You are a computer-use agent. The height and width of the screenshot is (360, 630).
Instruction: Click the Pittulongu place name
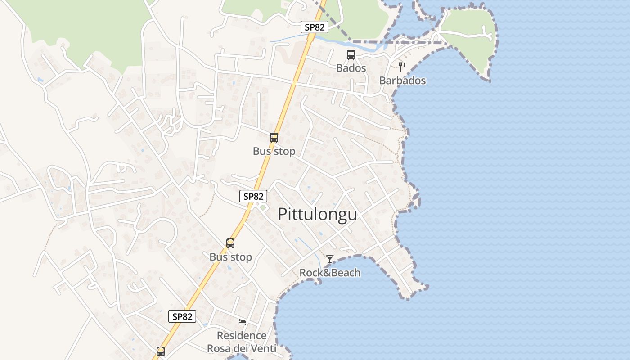[x=317, y=214]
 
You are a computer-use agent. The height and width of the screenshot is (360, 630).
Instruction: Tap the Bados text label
[x=351, y=68]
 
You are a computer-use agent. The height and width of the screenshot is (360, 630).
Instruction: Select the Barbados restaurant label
[x=402, y=81]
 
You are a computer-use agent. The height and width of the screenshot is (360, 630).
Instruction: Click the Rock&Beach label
[x=330, y=273]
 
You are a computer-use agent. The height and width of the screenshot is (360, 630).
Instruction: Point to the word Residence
[x=242, y=336]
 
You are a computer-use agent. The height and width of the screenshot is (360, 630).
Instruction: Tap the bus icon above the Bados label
[x=351, y=55]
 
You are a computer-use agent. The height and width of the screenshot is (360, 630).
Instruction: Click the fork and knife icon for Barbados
[x=402, y=67]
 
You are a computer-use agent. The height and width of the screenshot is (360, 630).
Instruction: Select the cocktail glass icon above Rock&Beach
[x=330, y=259]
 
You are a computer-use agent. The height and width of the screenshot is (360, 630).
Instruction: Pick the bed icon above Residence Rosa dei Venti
[x=242, y=322]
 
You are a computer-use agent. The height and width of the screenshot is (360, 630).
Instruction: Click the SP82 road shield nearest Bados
[x=315, y=27]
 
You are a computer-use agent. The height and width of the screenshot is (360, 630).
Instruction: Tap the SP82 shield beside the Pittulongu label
[x=253, y=196]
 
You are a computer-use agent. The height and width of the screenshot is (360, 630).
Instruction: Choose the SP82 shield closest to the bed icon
[x=182, y=316]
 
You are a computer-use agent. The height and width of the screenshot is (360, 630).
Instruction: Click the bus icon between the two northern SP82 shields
[x=274, y=138]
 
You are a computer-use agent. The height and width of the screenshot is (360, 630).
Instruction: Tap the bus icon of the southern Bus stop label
[x=230, y=243]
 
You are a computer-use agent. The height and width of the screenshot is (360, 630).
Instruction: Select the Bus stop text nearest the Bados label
[x=274, y=152]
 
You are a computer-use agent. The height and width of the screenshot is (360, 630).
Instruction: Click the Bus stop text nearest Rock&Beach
[x=230, y=257]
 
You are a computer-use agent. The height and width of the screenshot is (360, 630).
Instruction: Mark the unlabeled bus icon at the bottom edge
[x=161, y=351]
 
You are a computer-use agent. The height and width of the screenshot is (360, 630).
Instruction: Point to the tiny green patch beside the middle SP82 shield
[x=262, y=208]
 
